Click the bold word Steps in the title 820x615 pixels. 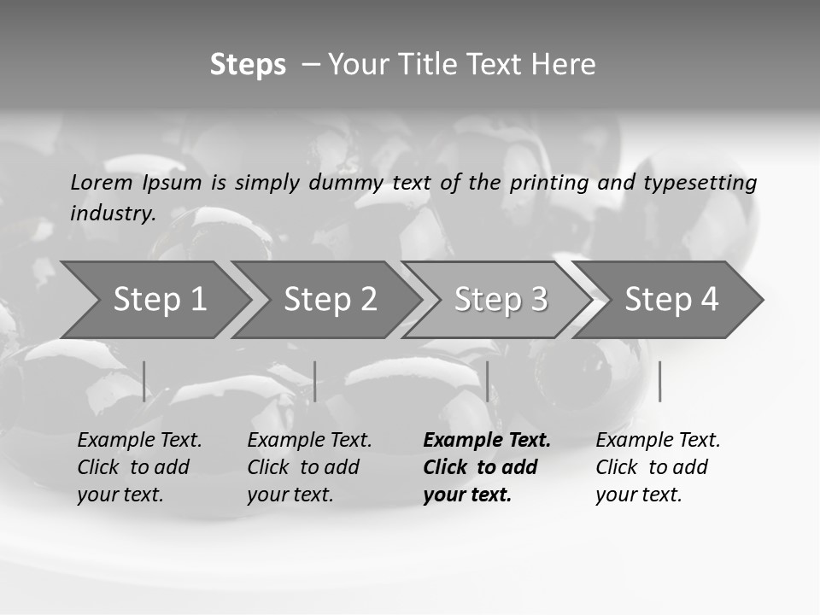point(248,65)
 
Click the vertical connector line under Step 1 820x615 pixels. point(144,381)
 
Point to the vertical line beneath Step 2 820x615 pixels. point(315,381)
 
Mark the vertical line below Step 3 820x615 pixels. point(487,381)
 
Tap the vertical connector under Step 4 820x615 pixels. point(659,381)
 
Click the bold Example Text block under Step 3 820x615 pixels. point(486,467)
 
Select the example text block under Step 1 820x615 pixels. point(139,467)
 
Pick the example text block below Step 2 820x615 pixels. point(309,467)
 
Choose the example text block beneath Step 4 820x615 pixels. point(658,467)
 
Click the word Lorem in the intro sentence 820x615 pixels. point(101,183)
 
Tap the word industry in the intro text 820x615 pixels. point(112,214)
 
